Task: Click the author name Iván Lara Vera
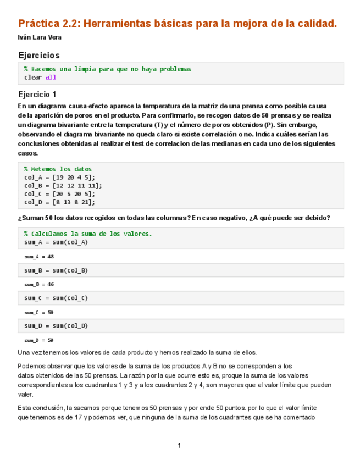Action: click(x=40, y=37)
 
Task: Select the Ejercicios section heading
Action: click(x=38, y=55)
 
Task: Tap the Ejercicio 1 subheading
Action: click(x=37, y=94)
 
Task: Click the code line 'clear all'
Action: click(x=40, y=77)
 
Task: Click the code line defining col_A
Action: click(x=59, y=177)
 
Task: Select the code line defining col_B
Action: click(x=63, y=186)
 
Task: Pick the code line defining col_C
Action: click(x=59, y=194)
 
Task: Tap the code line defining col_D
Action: click(x=59, y=202)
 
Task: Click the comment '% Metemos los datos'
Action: click(x=58, y=169)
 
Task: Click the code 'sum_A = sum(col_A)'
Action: click(x=56, y=242)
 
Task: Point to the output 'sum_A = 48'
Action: click(x=39, y=257)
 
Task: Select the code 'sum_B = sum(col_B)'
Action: click(x=56, y=270)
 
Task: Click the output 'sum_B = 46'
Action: click(x=39, y=285)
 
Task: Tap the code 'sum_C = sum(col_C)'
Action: click(x=56, y=298)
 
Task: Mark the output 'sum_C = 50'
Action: click(x=39, y=312)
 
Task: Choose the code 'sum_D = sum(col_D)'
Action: click(x=56, y=326)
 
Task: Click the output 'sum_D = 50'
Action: click(x=39, y=340)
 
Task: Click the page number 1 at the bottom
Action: click(x=179, y=445)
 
